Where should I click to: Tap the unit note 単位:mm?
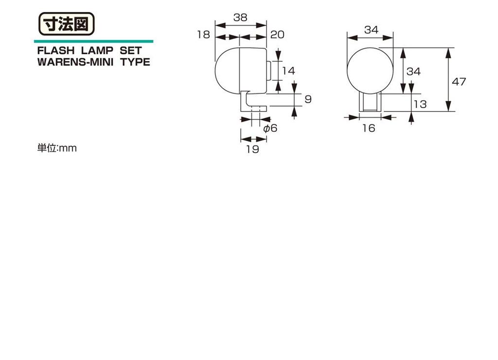click(x=57, y=148)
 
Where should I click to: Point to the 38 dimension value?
click(x=240, y=18)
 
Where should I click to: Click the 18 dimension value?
click(x=204, y=35)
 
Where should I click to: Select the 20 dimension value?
click(x=277, y=35)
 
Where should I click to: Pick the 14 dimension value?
click(x=288, y=71)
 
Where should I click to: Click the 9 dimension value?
click(x=307, y=99)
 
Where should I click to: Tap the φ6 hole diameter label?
click(x=270, y=128)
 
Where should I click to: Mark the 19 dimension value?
click(x=252, y=149)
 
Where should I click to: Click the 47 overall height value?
click(x=459, y=82)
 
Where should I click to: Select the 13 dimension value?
click(x=420, y=104)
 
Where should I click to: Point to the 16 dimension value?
click(x=369, y=128)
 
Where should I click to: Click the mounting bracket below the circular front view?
click(x=370, y=103)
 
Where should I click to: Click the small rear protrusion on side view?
click(x=268, y=71)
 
